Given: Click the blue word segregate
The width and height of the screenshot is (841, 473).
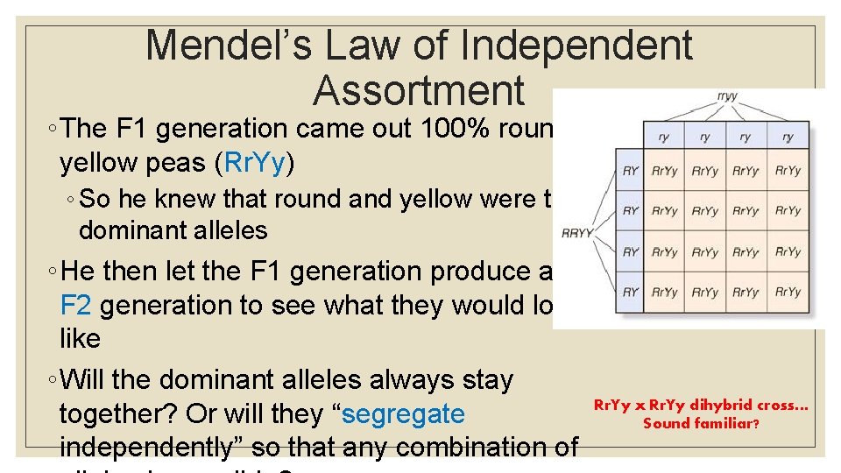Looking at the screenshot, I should point(403,414).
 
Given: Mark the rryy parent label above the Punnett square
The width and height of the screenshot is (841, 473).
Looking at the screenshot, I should point(726,97).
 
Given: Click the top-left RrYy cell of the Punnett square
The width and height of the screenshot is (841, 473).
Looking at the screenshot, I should point(664,171).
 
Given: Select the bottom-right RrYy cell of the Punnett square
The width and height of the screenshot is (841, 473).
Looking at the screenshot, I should point(788,292).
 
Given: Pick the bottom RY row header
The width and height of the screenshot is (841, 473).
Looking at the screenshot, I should point(630,292).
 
